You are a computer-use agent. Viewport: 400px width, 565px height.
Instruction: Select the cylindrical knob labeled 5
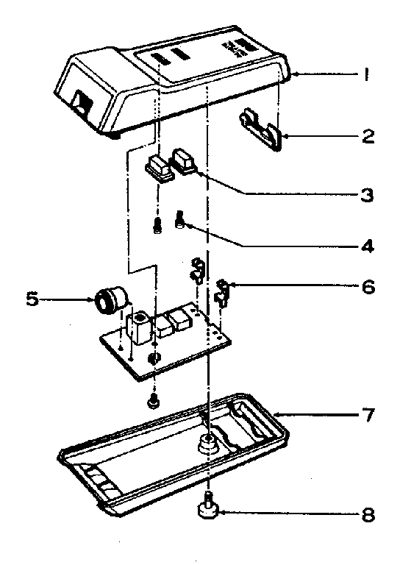coord(110,299)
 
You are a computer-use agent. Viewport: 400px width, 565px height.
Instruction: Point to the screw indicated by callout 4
coord(179,218)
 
